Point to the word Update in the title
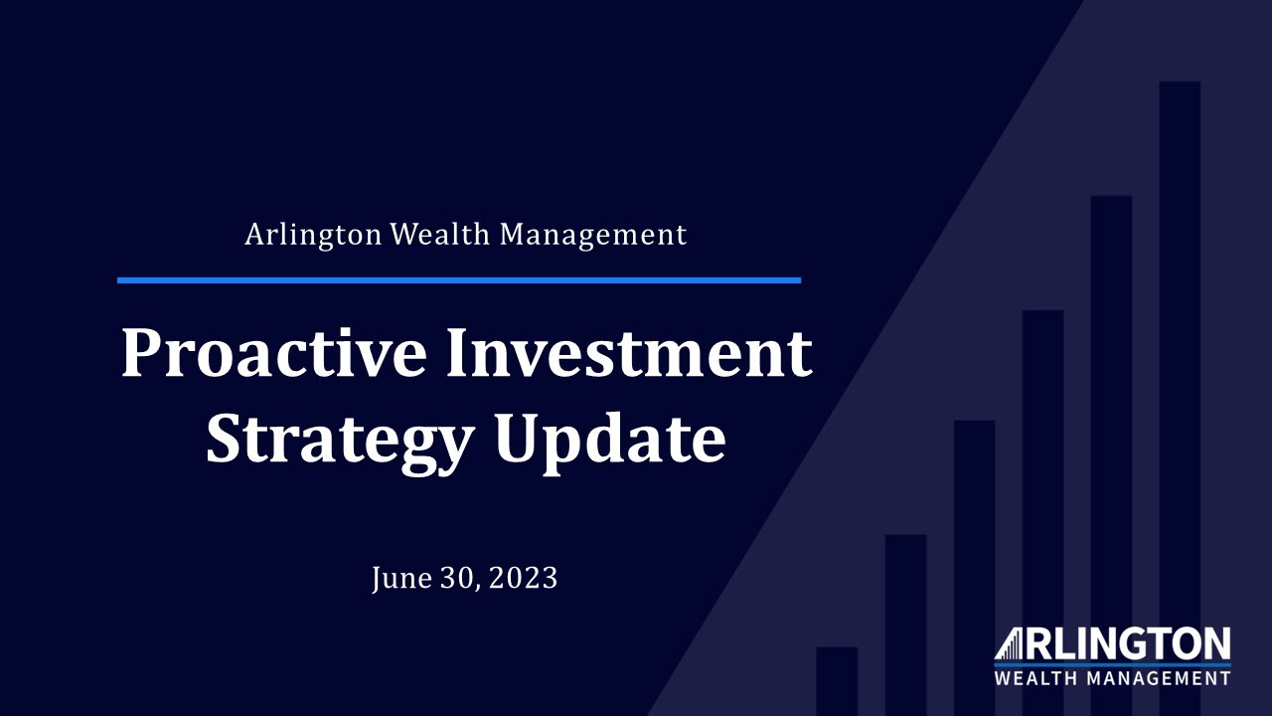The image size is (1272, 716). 610,441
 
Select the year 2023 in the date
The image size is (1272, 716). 523,578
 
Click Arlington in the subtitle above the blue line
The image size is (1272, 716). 313,235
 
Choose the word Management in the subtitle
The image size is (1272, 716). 593,235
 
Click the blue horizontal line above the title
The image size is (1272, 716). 458,280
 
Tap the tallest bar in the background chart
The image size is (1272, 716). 1180,378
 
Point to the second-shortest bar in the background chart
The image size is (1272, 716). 905,617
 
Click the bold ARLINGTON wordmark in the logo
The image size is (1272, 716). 1123,643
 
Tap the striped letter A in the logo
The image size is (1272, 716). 1011,643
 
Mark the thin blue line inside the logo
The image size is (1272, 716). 1112,663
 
